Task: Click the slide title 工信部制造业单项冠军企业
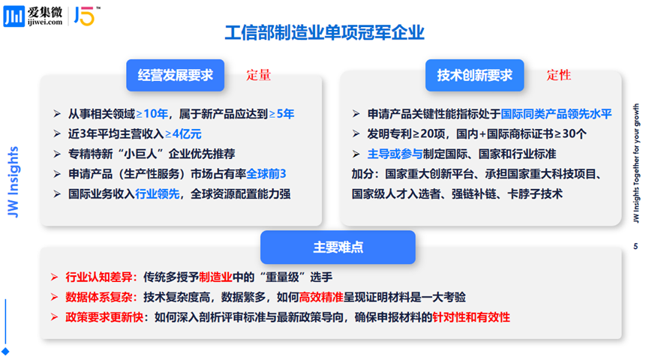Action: coord(324,33)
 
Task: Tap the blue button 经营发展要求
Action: coord(175,75)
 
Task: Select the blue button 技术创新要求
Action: coord(474,75)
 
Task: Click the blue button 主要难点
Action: coord(338,247)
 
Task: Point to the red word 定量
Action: coord(258,75)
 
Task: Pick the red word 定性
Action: coord(558,75)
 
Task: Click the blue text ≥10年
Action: coord(152,114)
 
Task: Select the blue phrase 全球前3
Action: coord(266,173)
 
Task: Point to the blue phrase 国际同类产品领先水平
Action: coord(556,114)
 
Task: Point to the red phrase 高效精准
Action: coord(322,297)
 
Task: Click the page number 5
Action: coord(635,247)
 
